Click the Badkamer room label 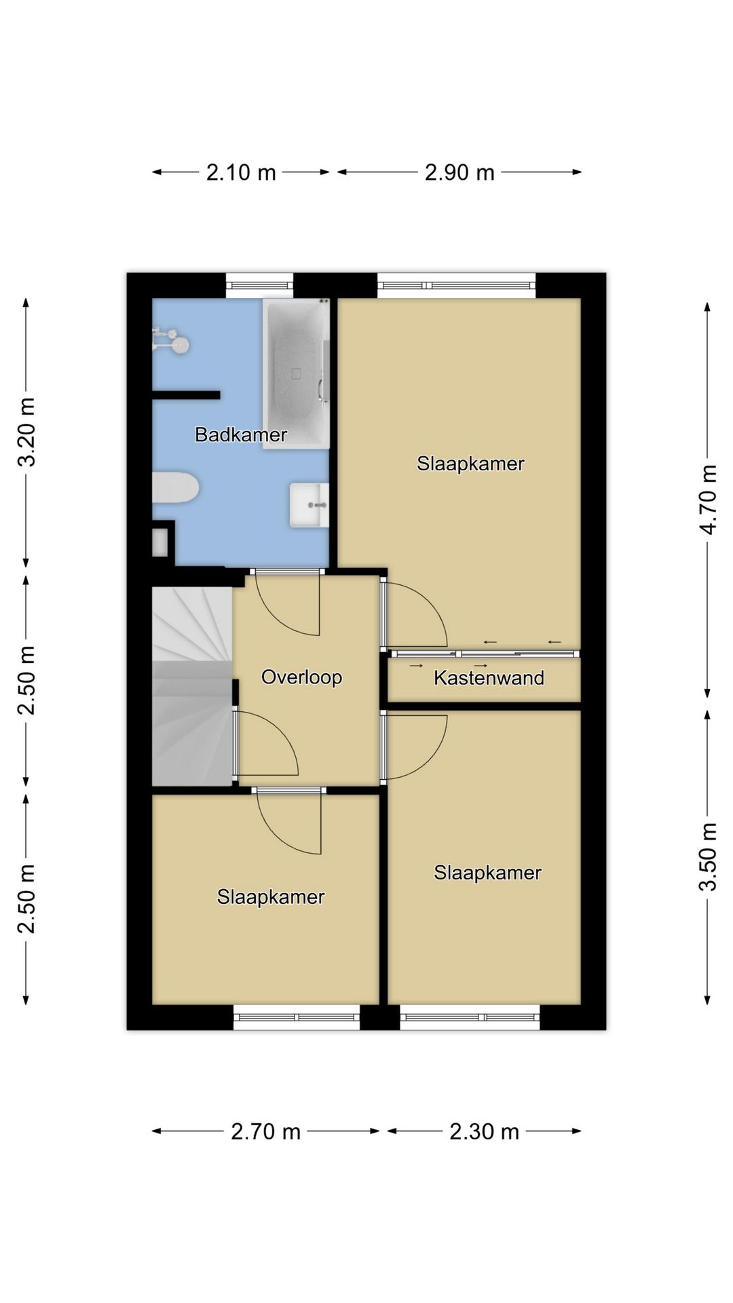click(241, 434)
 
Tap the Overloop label click(301, 677)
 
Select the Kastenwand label click(489, 678)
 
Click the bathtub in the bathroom click(296, 373)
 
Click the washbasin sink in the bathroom click(309, 505)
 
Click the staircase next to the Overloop click(193, 687)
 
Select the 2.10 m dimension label click(241, 172)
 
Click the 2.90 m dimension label click(459, 172)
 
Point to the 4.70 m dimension click(708, 500)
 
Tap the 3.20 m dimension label click(27, 432)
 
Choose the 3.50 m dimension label click(708, 856)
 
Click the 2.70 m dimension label click(265, 1131)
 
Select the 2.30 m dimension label click(484, 1131)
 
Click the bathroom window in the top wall click(260, 285)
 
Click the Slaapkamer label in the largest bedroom click(470, 464)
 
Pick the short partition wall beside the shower click(186, 395)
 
